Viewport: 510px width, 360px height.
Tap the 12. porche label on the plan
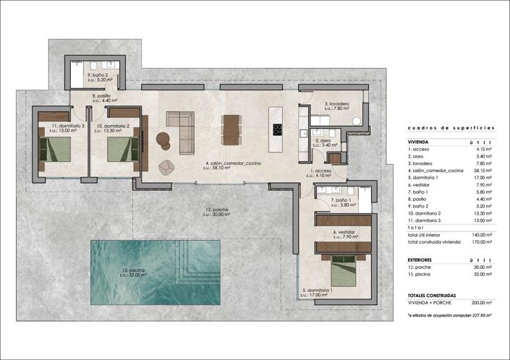pyautogui.click(x=216, y=212)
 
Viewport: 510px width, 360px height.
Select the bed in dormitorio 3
pyautogui.click(x=56, y=150)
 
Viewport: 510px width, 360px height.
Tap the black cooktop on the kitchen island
pyautogui.click(x=276, y=129)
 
